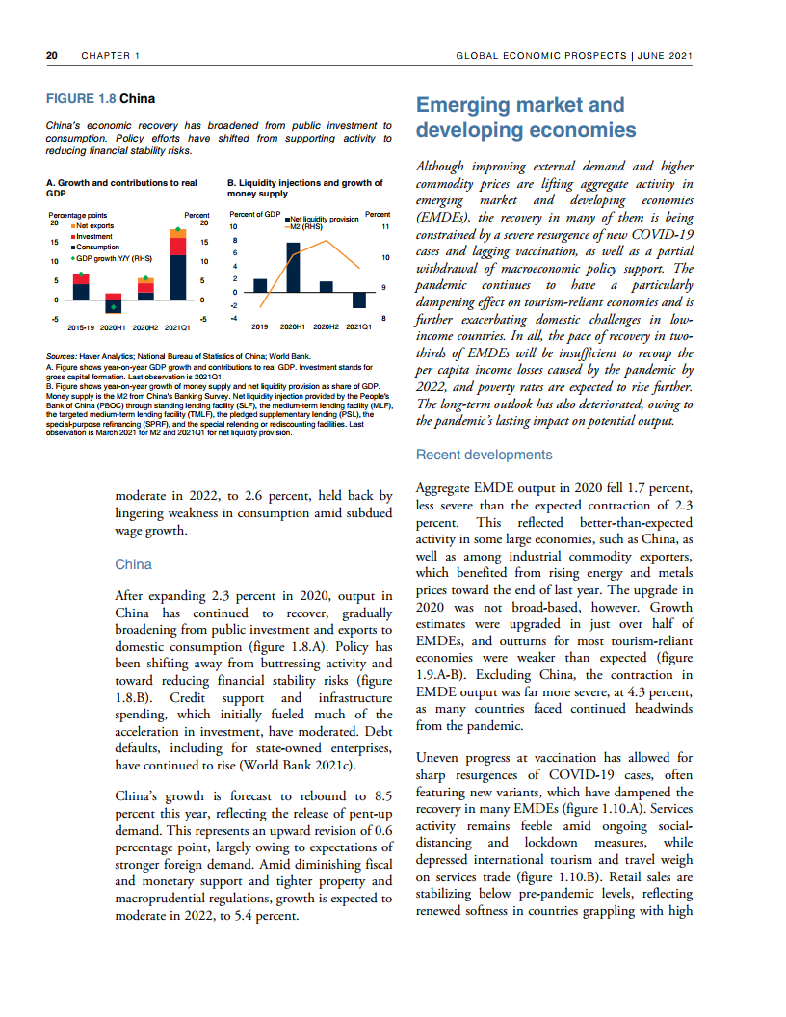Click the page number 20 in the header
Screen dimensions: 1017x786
[x=52, y=56]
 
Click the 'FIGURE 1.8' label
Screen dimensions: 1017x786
[x=82, y=99]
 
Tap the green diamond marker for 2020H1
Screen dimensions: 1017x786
[x=114, y=307]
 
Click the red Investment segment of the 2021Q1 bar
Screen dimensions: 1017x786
[x=177, y=248]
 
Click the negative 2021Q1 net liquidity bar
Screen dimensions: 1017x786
[x=359, y=300]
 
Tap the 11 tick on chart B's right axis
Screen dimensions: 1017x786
[x=384, y=226]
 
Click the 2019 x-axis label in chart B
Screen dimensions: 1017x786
[x=259, y=327]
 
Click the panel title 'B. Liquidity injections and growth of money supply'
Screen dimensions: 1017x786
[x=304, y=188]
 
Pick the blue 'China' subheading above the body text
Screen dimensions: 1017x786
[x=131, y=563]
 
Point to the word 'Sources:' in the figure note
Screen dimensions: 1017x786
[x=63, y=356]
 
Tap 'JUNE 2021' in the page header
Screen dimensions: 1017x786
[x=665, y=56]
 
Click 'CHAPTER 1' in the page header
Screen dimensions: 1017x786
[x=111, y=56]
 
